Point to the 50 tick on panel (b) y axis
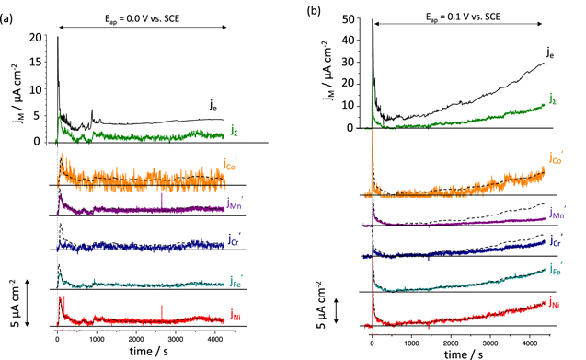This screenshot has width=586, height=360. click(x=353, y=18)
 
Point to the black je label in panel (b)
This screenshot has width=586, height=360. click(x=549, y=53)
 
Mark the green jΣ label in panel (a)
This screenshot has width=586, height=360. click(x=236, y=130)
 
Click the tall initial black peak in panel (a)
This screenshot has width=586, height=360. click(x=58, y=41)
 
